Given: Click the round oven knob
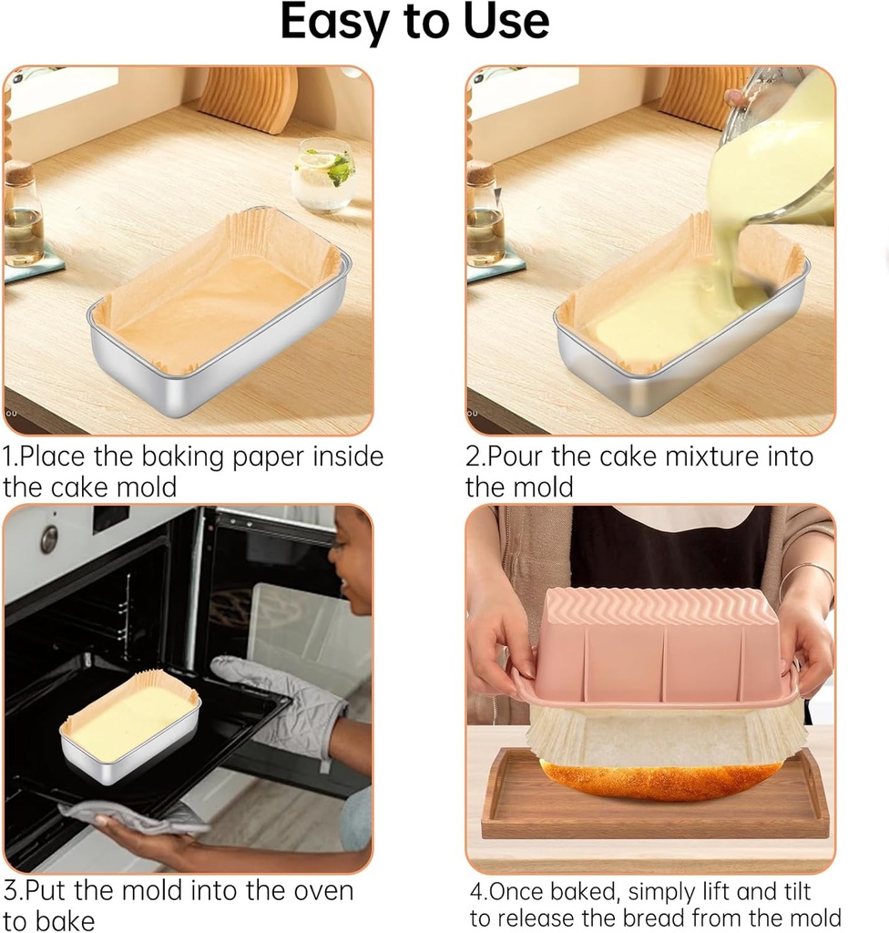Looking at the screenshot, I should point(48,538).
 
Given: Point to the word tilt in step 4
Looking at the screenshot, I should point(787,890).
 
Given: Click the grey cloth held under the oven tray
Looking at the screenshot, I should point(137,816).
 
